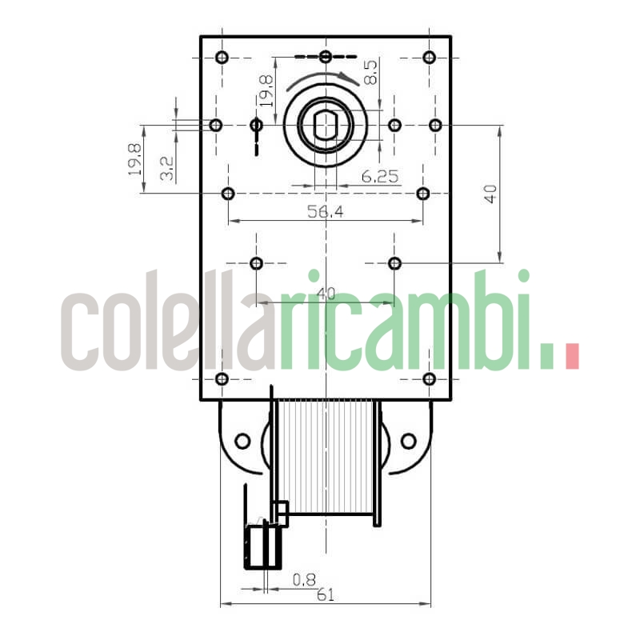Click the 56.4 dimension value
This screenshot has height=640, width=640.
326,211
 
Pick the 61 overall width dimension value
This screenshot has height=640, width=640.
326,594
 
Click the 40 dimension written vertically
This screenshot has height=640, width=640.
490,194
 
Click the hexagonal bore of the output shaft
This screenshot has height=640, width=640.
326,126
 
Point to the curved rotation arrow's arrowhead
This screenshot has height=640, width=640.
352,78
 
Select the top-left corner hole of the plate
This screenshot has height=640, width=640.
222,57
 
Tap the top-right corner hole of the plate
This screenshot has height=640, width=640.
429,57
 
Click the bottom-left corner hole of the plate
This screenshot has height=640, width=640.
222,378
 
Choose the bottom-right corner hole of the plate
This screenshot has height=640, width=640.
429,378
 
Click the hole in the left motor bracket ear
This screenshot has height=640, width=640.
242,440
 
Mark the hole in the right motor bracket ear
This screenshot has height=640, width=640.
408,440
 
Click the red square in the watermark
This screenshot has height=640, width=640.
571,356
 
